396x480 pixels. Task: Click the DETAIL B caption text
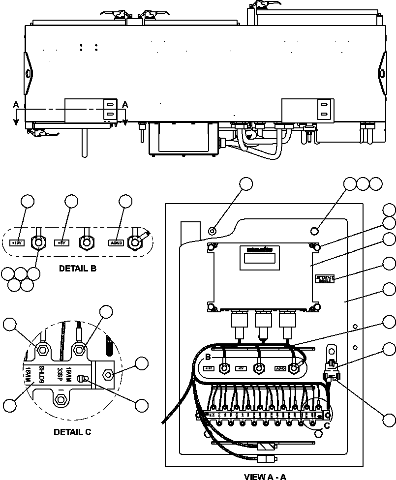77,269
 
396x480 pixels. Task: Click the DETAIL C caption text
71,432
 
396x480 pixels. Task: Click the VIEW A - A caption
265,476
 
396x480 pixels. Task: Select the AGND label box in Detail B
116,242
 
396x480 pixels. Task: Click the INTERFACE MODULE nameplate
325,279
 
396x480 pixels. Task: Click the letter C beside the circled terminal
326,426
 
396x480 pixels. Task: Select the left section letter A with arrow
16,105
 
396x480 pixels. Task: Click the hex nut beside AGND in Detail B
134,242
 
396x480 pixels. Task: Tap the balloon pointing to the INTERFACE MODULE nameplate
389,264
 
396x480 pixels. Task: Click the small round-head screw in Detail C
84,379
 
